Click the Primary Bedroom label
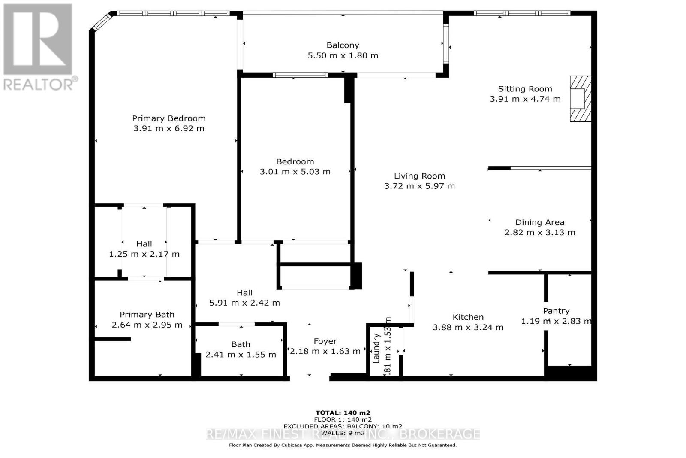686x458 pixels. click(168, 118)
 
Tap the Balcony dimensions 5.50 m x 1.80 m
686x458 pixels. click(343, 55)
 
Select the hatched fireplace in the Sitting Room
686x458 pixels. click(580, 99)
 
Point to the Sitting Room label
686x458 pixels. click(525, 89)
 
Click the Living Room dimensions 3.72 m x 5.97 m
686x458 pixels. click(419, 186)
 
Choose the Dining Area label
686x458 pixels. click(539, 222)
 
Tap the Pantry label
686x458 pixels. click(556, 311)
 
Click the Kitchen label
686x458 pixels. click(468, 317)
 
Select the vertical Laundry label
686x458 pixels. click(376, 348)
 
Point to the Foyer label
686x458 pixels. click(325, 341)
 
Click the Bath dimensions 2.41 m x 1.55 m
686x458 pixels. click(241, 355)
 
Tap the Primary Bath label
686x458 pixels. click(147, 315)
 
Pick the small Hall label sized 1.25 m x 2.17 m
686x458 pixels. click(144, 244)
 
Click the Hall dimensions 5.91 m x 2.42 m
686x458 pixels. click(244, 303)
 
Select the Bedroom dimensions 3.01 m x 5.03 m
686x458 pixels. click(295, 172)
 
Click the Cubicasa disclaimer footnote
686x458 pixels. click(343, 445)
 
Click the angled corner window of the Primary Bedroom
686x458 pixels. click(102, 21)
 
